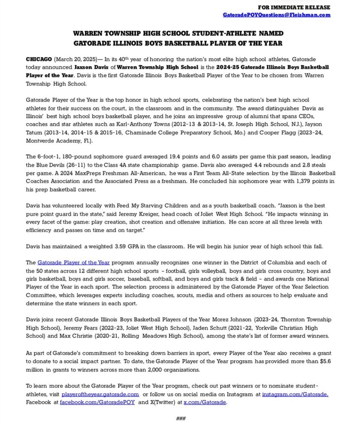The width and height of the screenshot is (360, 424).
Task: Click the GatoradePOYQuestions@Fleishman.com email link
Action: tap(277, 15)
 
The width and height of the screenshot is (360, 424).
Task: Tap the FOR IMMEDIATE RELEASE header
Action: tap(294, 7)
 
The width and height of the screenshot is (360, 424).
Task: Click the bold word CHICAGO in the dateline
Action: tap(39, 59)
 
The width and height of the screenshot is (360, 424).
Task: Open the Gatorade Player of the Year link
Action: tap(73, 262)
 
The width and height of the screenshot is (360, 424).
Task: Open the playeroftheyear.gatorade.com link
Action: tap(100, 394)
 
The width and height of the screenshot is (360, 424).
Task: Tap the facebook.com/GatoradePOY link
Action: tap(97, 402)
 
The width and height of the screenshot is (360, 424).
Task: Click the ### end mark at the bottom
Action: tap(181, 418)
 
